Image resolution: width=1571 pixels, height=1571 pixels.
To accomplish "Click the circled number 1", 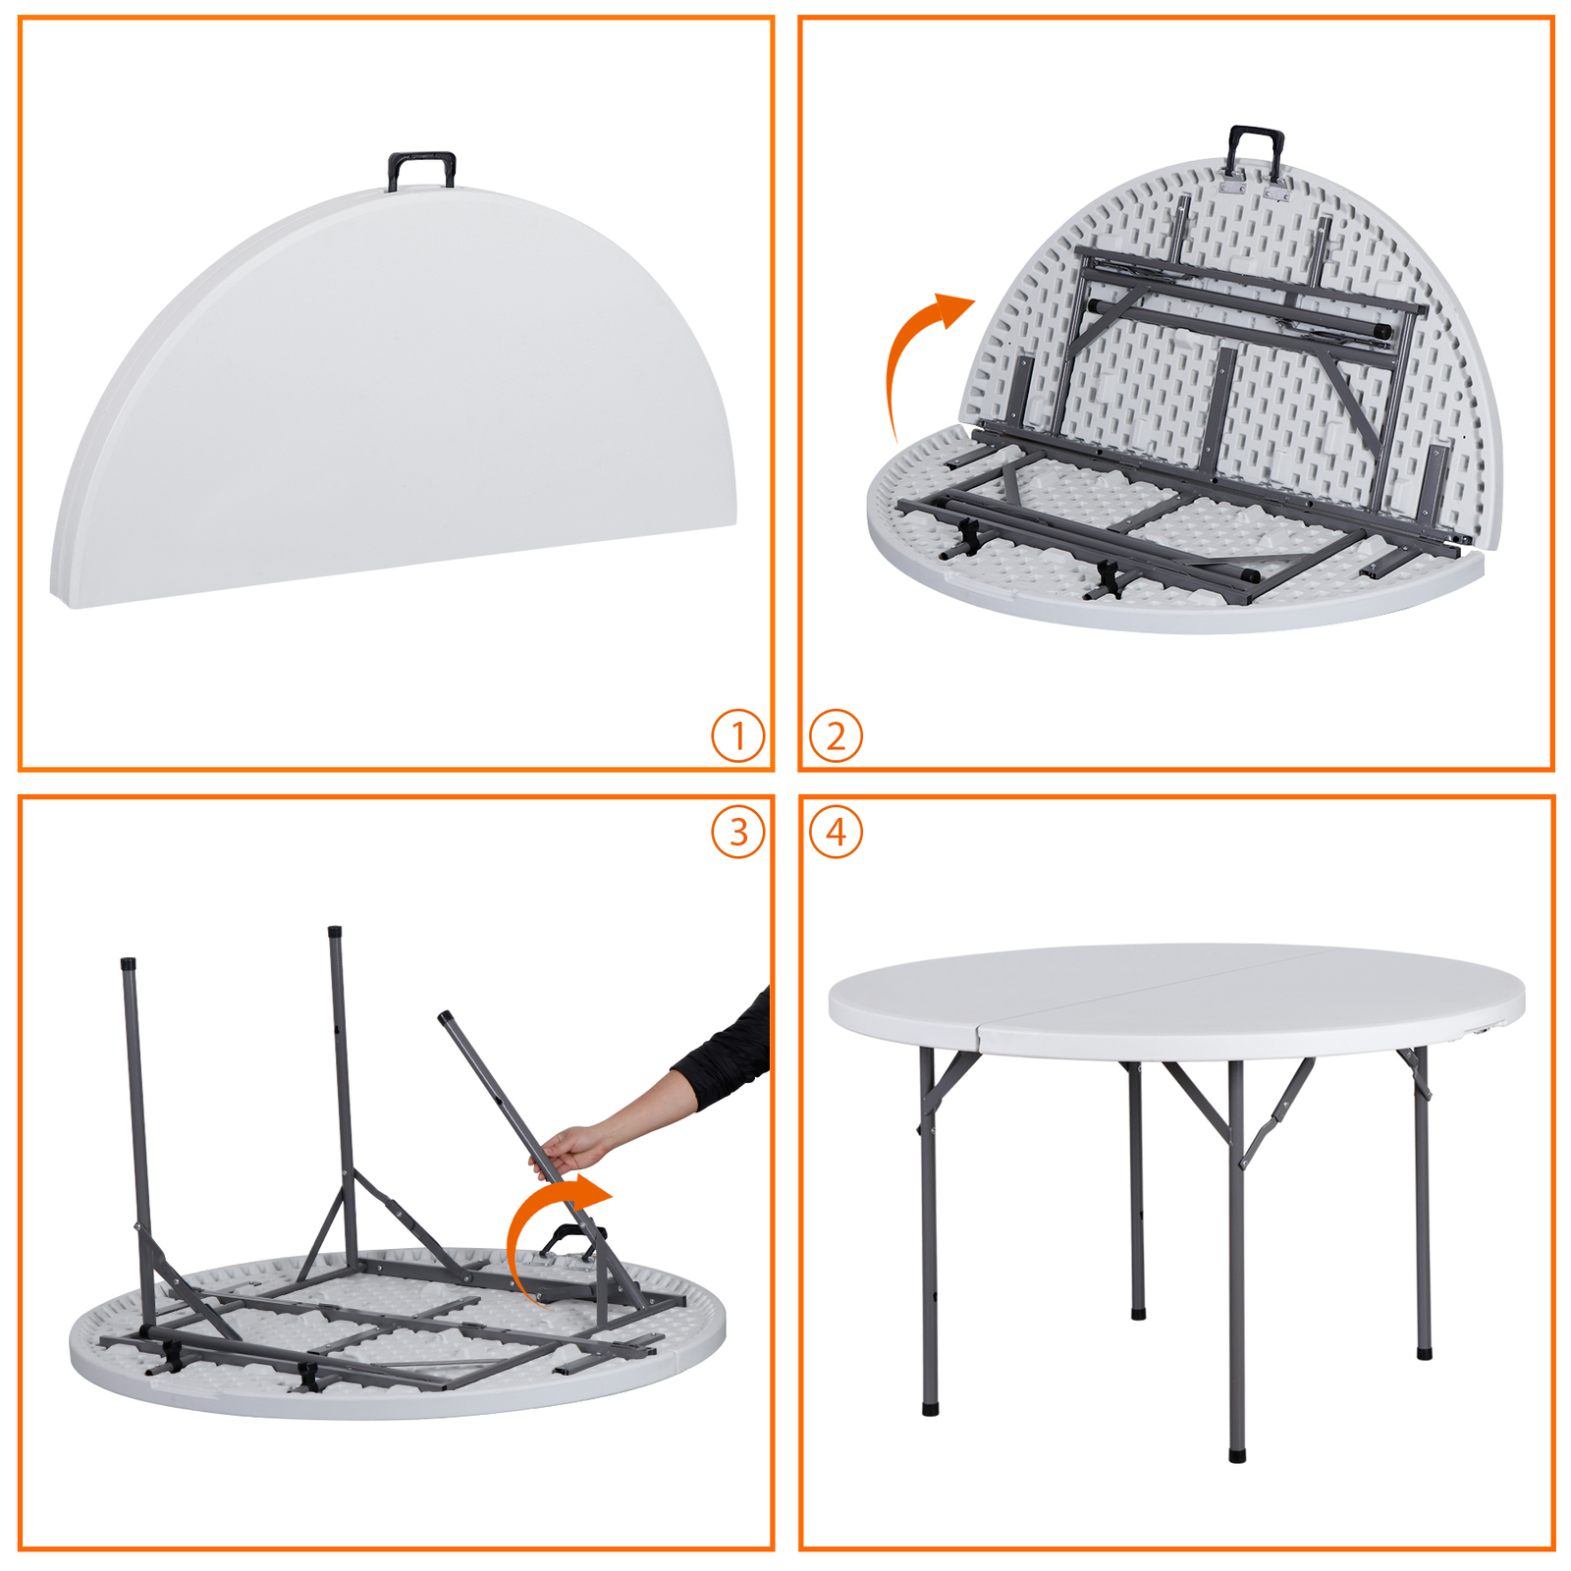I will pos(737,735).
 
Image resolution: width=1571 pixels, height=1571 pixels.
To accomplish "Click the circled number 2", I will pos(836,735).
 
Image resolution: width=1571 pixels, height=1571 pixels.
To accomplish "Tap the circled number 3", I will pos(737,832).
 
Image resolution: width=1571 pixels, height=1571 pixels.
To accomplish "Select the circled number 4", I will pos(836,832).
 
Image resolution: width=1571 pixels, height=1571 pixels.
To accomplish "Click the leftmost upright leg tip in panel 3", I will pos(128,963).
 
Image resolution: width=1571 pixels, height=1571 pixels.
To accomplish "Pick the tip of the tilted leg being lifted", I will pos(445,1017).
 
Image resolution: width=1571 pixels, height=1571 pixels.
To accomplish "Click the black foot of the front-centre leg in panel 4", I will pos(1237,1454).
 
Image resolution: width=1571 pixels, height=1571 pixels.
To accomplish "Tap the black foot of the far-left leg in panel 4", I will pos(930,1409).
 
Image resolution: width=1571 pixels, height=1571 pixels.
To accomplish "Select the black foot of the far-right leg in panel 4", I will pos(1424,1353).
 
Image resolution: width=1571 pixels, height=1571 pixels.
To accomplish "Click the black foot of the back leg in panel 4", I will pos(1138,1312).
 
